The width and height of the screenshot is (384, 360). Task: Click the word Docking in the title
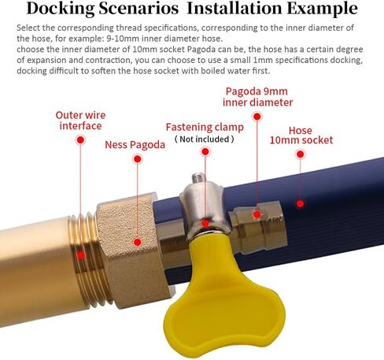(x=61, y=9)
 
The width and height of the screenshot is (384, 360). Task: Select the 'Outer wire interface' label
(x=80, y=121)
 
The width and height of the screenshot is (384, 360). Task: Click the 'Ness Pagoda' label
(x=135, y=145)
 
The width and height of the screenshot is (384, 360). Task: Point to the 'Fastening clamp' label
(x=205, y=128)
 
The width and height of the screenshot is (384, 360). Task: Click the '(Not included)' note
(x=205, y=139)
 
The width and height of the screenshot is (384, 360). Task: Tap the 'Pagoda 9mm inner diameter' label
(x=257, y=97)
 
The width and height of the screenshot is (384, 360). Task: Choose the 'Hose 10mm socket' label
(x=301, y=135)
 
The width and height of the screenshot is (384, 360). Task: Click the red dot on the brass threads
(x=81, y=255)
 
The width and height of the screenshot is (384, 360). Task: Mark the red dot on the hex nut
(x=137, y=242)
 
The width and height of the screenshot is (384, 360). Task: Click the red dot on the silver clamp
(x=205, y=224)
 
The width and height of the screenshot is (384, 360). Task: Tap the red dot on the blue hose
(x=301, y=203)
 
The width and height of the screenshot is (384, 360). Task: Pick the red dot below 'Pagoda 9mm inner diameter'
(x=257, y=117)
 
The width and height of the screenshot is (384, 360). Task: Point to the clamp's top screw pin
(x=198, y=178)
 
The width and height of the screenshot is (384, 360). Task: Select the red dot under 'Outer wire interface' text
(x=80, y=140)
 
